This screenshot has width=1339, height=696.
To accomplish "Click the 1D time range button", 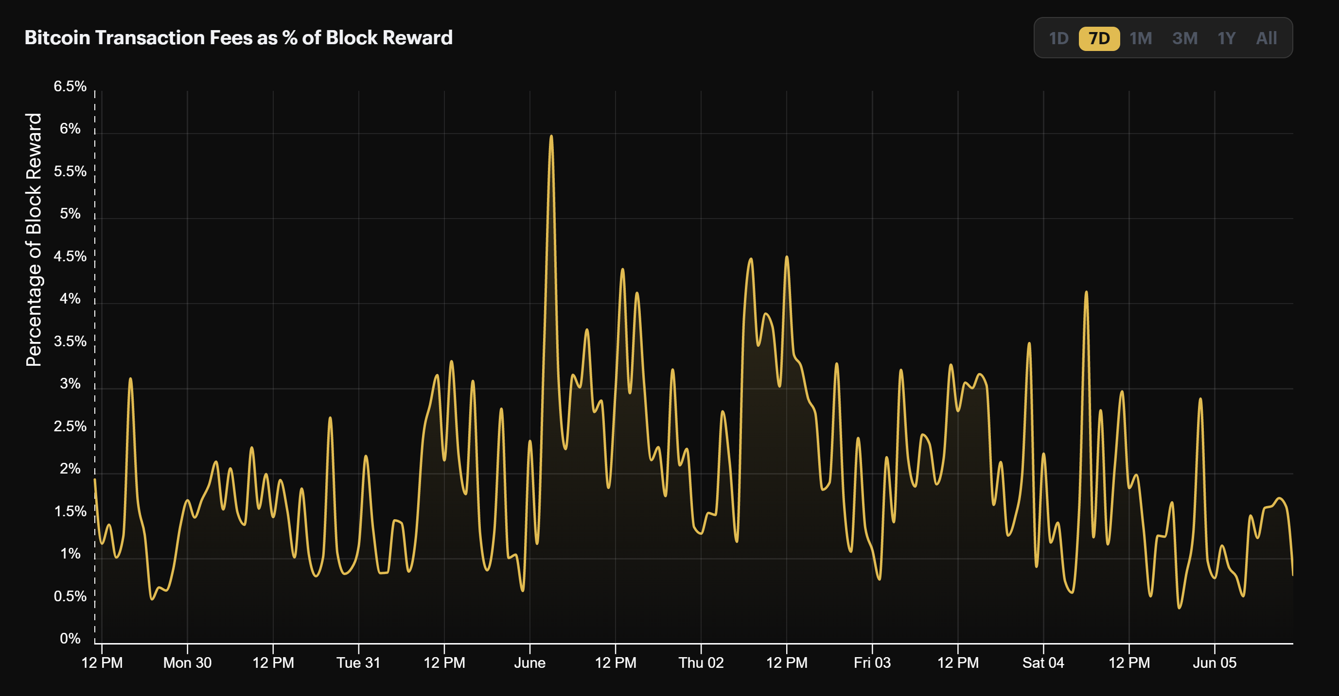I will click(1058, 38).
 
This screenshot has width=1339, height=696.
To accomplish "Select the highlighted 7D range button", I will click(1099, 38).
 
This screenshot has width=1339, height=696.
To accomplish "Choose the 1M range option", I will click(1141, 38).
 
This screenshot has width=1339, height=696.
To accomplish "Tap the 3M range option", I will click(1184, 38).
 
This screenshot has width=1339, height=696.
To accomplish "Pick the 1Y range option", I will click(1226, 38).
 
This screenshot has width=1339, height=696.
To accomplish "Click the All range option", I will click(1266, 38).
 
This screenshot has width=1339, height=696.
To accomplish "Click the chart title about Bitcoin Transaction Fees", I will click(238, 37).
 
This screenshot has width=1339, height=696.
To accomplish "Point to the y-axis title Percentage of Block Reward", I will click(34, 239).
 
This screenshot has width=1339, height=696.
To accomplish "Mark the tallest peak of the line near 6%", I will click(551, 136).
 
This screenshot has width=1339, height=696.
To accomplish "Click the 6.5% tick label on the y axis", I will click(70, 86).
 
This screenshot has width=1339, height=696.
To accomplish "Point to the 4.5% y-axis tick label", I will click(70, 256).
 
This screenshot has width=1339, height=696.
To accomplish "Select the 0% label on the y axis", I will click(70, 638).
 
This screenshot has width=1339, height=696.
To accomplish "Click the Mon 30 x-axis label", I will click(187, 663).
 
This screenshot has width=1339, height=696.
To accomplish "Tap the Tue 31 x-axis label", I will click(358, 663).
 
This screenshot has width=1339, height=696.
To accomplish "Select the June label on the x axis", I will click(529, 663).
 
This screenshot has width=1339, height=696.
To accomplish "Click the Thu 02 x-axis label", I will click(701, 663).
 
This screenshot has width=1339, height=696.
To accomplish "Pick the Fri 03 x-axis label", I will click(872, 663).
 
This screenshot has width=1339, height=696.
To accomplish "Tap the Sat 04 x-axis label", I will click(1043, 663).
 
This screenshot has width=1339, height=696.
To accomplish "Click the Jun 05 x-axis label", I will click(1214, 663).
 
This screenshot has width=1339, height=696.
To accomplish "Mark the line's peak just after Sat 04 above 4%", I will click(1086, 292).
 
